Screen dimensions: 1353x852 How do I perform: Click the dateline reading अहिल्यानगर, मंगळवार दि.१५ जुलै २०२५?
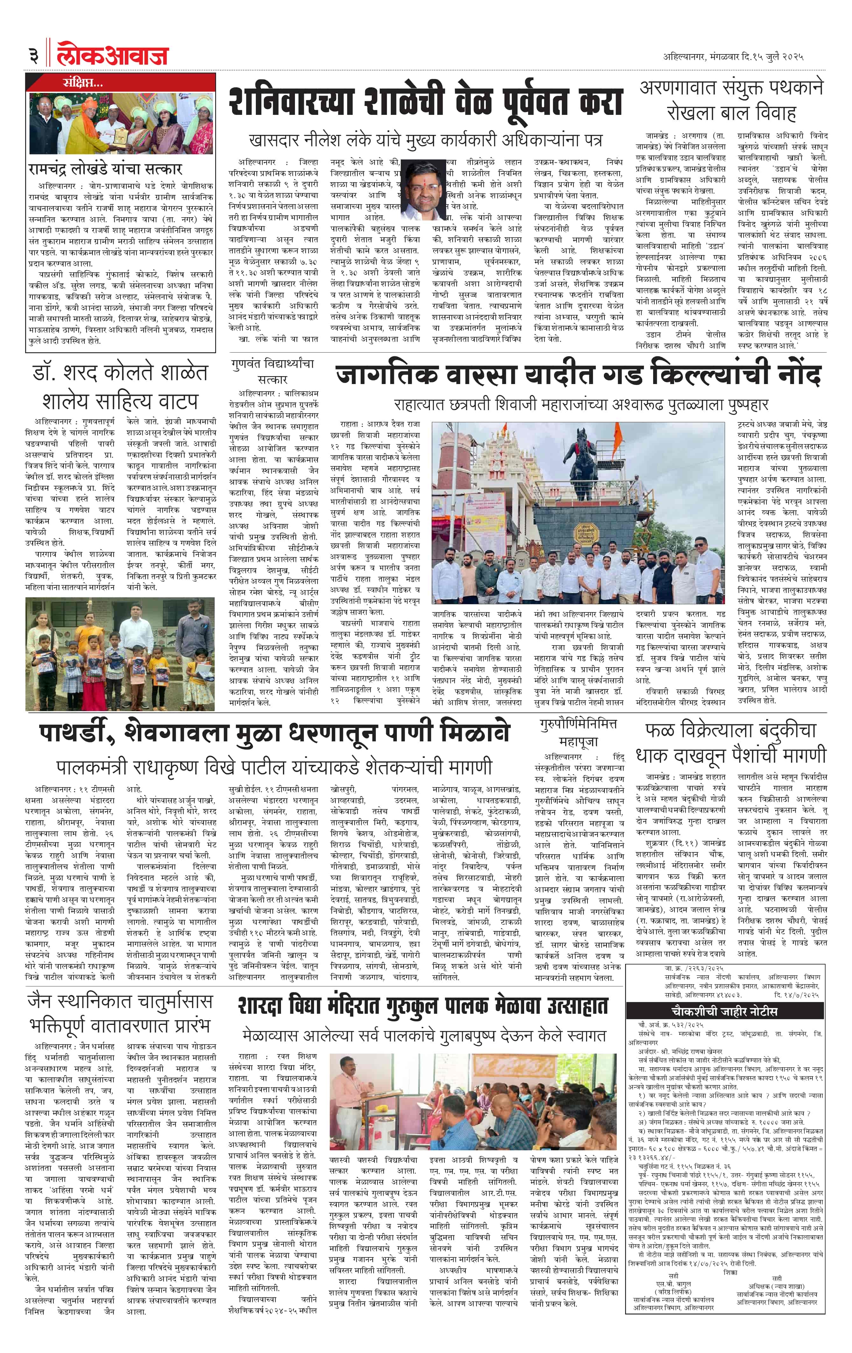(733, 56)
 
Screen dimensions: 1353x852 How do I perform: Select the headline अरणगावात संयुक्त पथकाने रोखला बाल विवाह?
(731, 100)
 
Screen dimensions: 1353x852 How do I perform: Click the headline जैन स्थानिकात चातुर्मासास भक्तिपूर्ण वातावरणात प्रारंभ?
(119, 1013)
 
